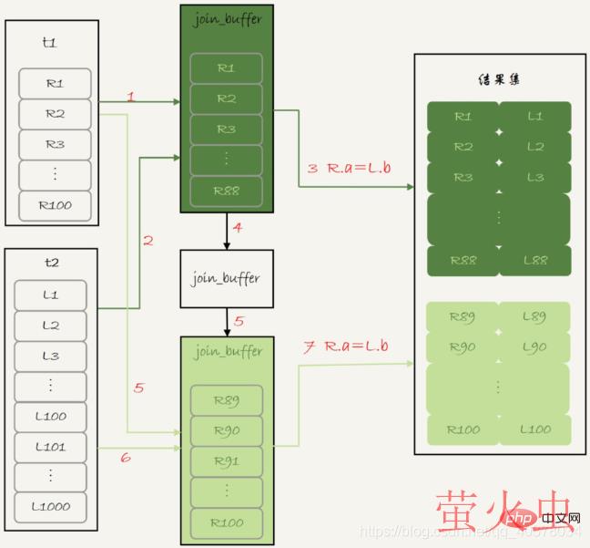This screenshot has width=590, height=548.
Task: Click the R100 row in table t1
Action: click(55, 206)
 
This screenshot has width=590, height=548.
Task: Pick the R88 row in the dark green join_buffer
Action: click(226, 191)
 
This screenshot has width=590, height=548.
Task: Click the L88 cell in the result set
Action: click(534, 261)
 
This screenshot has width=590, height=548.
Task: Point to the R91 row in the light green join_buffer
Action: click(226, 461)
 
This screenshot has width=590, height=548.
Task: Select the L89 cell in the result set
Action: click(534, 317)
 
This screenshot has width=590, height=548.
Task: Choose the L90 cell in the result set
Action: click(534, 348)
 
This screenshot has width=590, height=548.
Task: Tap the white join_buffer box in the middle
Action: click(226, 278)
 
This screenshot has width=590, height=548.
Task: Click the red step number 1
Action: click(131, 96)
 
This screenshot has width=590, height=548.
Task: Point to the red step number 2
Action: click(147, 241)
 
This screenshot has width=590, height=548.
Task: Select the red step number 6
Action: click(126, 457)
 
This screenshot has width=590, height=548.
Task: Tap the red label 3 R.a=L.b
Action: click(350, 169)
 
